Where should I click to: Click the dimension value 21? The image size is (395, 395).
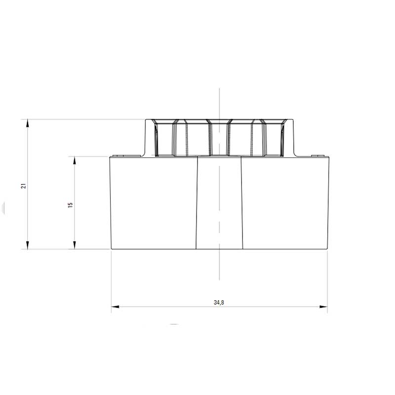pos(23,186)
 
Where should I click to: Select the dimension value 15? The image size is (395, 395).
pos(70,204)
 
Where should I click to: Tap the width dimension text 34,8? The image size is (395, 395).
pos(219,302)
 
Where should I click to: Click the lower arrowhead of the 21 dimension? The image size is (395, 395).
pos(28,245)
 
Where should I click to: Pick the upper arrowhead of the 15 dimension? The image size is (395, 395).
pos(75,161)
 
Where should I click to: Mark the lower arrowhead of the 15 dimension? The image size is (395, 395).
pos(75,245)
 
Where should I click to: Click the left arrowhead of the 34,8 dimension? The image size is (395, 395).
pos(116,307)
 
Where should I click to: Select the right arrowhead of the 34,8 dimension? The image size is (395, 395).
pos(323,307)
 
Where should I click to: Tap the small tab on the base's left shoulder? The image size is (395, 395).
pos(118,156)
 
